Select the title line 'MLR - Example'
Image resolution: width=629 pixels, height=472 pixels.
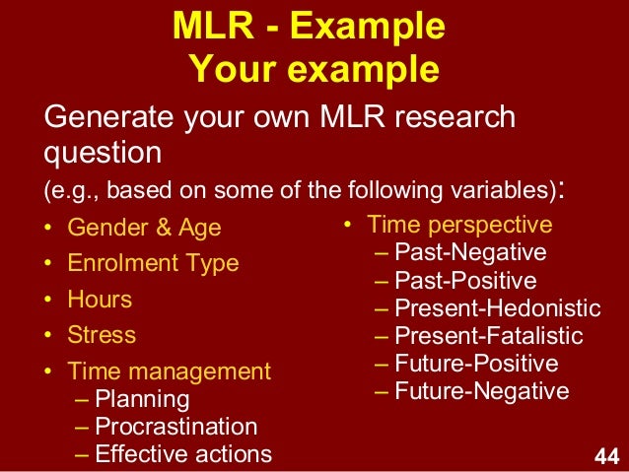tap(309, 27)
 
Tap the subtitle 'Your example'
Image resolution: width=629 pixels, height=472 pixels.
tap(313, 70)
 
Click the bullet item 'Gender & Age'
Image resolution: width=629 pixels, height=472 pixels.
tap(144, 228)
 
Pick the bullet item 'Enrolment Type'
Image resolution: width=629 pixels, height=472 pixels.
tap(153, 263)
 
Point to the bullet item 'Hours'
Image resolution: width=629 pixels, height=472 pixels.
tap(100, 299)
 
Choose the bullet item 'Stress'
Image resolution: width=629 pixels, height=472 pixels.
tap(102, 334)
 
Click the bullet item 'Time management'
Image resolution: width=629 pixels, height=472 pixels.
tap(169, 371)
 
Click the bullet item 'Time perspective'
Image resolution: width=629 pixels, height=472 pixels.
tap(459, 225)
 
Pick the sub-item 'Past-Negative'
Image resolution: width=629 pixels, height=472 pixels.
tap(470, 252)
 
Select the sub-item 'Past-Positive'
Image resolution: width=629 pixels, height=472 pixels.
tap(465, 280)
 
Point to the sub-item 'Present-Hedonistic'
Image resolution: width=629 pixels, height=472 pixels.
tap(497, 307)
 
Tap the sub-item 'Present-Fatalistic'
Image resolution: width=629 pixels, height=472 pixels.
tap(488, 335)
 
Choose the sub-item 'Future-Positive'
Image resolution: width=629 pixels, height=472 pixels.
tap(476, 363)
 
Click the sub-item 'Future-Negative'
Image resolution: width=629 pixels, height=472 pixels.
tap(481, 391)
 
